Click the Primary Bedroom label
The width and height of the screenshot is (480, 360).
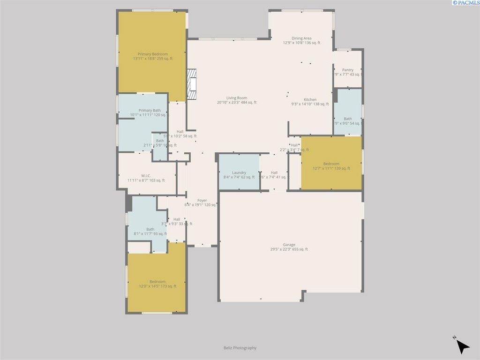click(x=152, y=54)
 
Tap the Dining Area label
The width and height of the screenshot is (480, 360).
click(x=301, y=38)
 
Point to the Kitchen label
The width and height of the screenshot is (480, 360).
click(x=310, y=100)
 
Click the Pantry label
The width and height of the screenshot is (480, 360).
click(x=347, y=70)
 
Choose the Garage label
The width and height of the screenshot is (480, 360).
click(x=289, y=245)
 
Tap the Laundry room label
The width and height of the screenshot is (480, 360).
click(x=239, y=172)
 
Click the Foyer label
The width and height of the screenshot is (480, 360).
click(x=202, y=200)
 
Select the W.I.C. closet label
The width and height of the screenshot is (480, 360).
click(x=146, y=176)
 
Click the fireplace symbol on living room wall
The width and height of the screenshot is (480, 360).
click(x=191, y=84)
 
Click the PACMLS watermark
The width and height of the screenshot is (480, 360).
click(x=465, y=3)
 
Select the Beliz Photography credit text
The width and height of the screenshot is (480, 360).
click(x=240, y=348)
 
